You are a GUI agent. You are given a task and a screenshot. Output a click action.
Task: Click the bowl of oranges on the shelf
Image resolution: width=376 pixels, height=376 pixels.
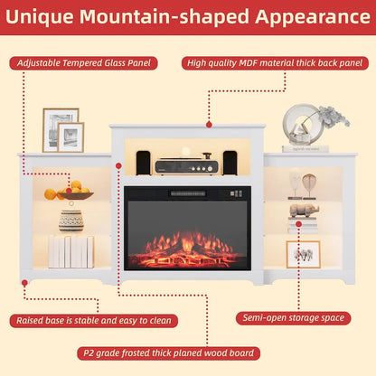coord(75,193)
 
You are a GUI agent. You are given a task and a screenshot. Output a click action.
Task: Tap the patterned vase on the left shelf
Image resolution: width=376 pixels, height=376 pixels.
coord(71,220)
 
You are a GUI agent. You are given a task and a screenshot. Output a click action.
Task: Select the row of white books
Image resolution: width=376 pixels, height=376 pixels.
coord(70,251)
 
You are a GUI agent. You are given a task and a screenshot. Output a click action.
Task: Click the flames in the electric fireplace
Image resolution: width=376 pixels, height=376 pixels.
coord(188,246)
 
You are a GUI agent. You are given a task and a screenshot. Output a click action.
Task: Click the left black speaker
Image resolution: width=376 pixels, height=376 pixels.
coord(143,163)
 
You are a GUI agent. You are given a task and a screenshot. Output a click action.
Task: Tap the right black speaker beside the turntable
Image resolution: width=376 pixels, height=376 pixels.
coord(230,163)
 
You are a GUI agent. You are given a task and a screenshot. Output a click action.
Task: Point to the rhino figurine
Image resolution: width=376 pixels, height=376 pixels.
coord(305,210)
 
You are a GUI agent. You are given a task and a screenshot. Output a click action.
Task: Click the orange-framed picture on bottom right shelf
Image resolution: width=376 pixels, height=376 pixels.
coord(303,254)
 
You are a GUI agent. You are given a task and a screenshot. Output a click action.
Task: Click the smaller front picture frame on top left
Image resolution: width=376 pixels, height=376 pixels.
coord(70,137)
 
